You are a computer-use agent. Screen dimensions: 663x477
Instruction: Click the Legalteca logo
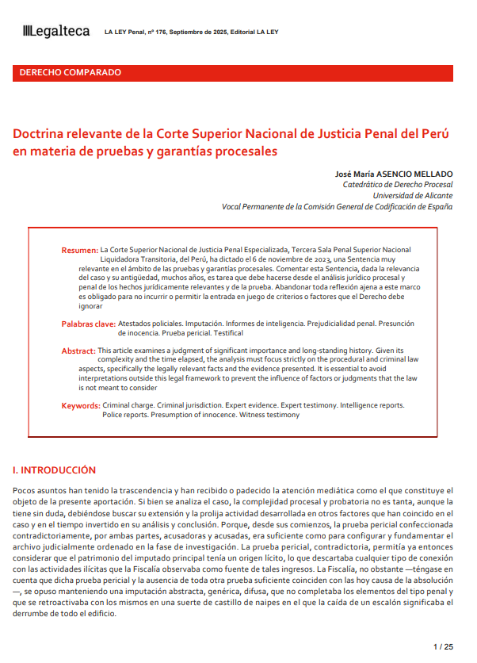coord(56,31)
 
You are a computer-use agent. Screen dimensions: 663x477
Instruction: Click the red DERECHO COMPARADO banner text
coord(70,72)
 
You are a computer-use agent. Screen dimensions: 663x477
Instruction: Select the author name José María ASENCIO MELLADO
coord(393,173)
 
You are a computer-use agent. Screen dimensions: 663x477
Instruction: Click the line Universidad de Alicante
coord(413,195)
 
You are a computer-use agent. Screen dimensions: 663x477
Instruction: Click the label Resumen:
coord(80,250)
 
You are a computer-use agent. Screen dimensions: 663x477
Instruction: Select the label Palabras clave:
coord(88,324)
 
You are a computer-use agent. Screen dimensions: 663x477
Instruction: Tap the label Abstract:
coord(78,351)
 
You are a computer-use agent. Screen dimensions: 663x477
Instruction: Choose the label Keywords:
coord(81,405)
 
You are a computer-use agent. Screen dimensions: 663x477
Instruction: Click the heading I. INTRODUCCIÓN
coord(55,470)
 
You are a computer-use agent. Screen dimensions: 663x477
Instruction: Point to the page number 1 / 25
coord(444,647)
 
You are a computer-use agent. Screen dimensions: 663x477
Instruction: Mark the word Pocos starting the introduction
coord(27,491)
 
